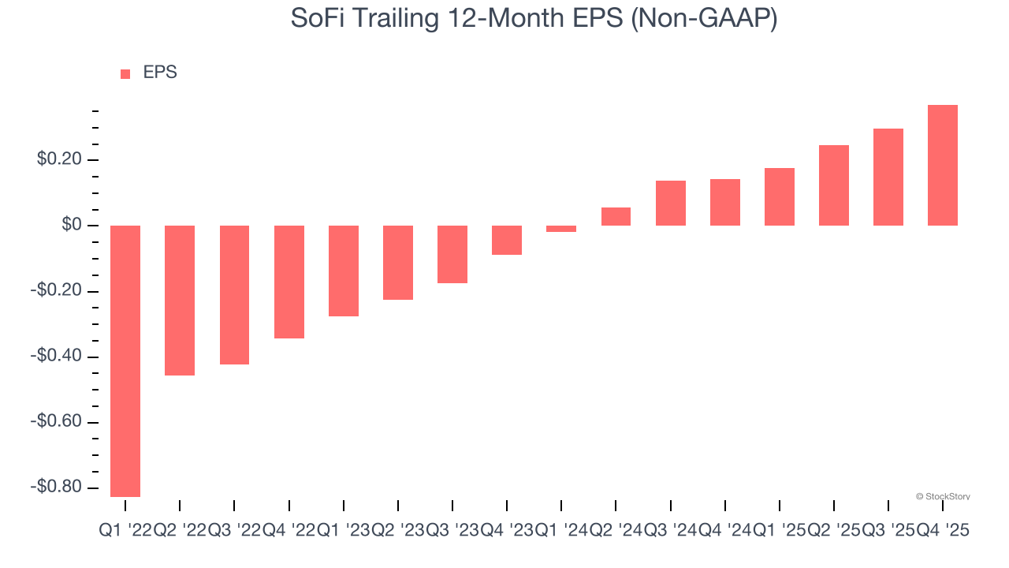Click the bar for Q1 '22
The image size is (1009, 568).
[x=125, y=361]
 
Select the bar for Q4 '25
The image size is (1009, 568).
[x=943, y=165]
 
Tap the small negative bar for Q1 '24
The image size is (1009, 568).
[x=561, y=229]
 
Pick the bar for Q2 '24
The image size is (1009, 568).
[x=616, y=216]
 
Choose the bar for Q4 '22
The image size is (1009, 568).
[x=289, y=282]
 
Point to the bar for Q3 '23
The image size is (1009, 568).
[x=452, y=254]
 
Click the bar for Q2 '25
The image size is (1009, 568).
[x=834, y=185]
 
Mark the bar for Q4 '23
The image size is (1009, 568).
[x=507, y=240]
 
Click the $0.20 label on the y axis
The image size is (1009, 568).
[x=59, y=160]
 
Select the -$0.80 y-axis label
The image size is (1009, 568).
[x=57, y=488]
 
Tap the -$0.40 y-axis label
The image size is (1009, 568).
[x=57, y=357]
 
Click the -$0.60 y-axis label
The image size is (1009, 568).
[x=57, y=422]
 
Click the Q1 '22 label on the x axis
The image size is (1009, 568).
[x=125, y=532]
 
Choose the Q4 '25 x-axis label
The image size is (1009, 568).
[x=942, y=532]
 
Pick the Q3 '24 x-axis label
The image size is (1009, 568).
[x=670, y=532]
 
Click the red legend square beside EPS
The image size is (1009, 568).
[x=125, y=74]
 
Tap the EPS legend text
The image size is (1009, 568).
[x=160, y=73]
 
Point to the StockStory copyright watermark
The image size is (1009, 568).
[x=943, y=496]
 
